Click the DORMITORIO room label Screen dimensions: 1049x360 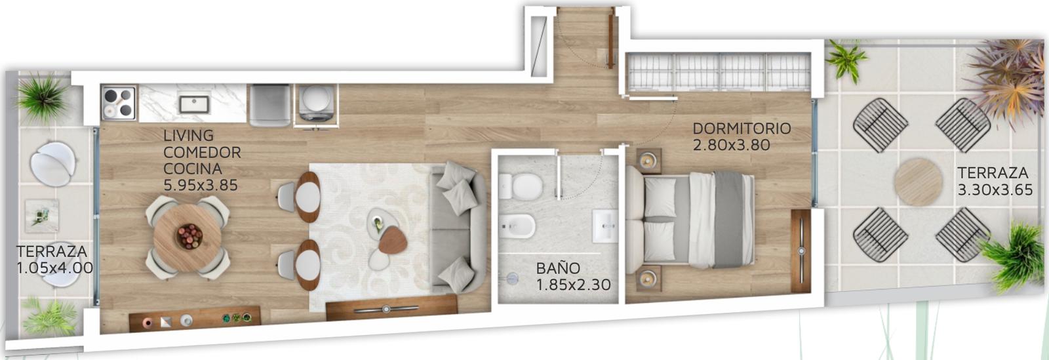tap(742, 129)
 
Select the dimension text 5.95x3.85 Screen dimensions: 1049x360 tap(201, 186)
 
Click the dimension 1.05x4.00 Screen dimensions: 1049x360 tap(55, 268)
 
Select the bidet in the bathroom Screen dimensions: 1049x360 tap(517, 226)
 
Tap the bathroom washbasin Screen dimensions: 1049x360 tap(605, 226)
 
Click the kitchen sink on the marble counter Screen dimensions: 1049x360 tap(194, 104)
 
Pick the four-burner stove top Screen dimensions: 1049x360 tap(119, 103)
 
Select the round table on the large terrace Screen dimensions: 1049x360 tap(917, 182)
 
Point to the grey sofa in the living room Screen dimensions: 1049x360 tap(459, 227)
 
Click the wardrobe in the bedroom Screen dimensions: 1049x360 tap(719, 72)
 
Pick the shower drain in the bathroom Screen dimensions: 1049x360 tap(512, 279)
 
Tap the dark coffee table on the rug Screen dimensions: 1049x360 tap(393, 240)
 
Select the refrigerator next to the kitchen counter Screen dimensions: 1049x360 tap(269, 106)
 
